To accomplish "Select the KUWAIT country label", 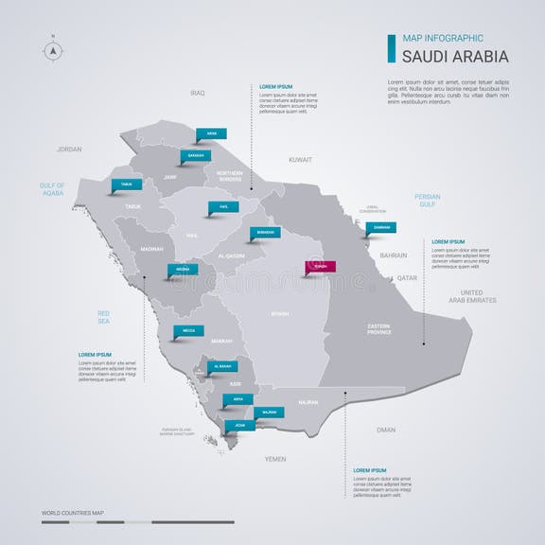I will (300, 160).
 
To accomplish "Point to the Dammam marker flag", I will (381, 227).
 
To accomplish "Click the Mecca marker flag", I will (188, 331).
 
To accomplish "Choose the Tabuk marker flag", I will (127, 185).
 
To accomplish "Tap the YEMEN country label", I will (275, 459).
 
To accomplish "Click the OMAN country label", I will (386, 430).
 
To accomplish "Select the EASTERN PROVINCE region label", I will (385, 328).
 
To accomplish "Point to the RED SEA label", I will (104, 316).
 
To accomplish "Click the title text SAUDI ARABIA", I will (455, 56).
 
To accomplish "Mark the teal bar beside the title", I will (391, 48).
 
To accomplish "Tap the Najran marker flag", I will (270, 413).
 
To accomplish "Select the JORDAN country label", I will (69, 149).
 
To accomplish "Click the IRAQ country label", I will (197, 93).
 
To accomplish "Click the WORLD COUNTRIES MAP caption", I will (73, 513).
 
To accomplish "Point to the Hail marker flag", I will (223, 206).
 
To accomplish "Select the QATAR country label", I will (407, 278).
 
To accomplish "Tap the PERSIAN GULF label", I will (427, 200).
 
